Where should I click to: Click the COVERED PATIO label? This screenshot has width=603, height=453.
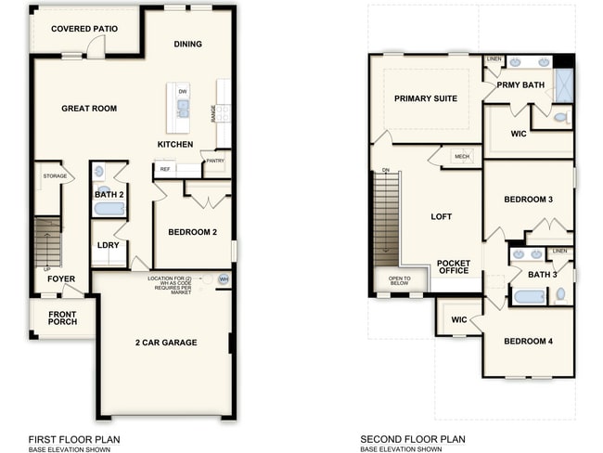84,29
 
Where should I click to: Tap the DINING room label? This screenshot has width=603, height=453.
188,44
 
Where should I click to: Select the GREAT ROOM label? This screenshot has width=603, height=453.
89,109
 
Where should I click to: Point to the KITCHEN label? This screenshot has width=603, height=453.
175,144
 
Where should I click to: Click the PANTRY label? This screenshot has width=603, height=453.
215,161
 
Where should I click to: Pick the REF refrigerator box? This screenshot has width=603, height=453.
164,169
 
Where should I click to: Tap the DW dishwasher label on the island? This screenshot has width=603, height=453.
183,91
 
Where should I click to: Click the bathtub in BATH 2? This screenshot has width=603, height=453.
109,209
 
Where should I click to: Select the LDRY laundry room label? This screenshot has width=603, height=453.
108,245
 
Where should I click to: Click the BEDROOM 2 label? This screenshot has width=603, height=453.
194,232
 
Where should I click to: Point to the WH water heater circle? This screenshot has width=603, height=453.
223,279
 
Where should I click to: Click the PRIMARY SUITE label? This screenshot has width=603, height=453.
425,98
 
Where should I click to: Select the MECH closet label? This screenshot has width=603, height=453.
461,157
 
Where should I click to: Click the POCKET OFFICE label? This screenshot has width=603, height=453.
454,268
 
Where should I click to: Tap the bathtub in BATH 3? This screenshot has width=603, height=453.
529,297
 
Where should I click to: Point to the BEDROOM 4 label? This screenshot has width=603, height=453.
528,342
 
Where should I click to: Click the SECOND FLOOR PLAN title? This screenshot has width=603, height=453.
413,439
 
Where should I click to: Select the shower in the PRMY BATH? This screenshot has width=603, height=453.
564,84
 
